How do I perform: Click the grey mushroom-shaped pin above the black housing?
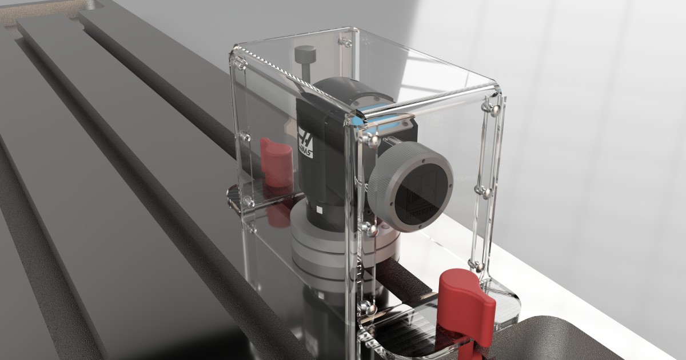(x=305, y=55)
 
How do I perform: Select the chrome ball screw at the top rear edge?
(x=345, y=41)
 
